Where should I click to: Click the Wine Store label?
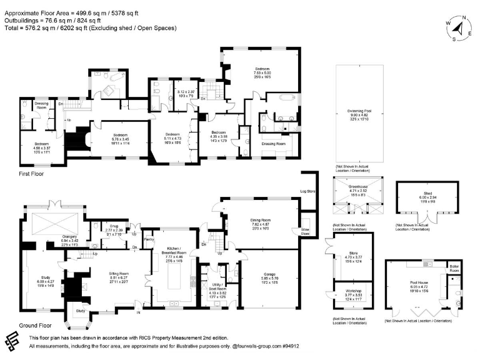(x=306, y=231)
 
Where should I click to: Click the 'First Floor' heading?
(x=31, y=174)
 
